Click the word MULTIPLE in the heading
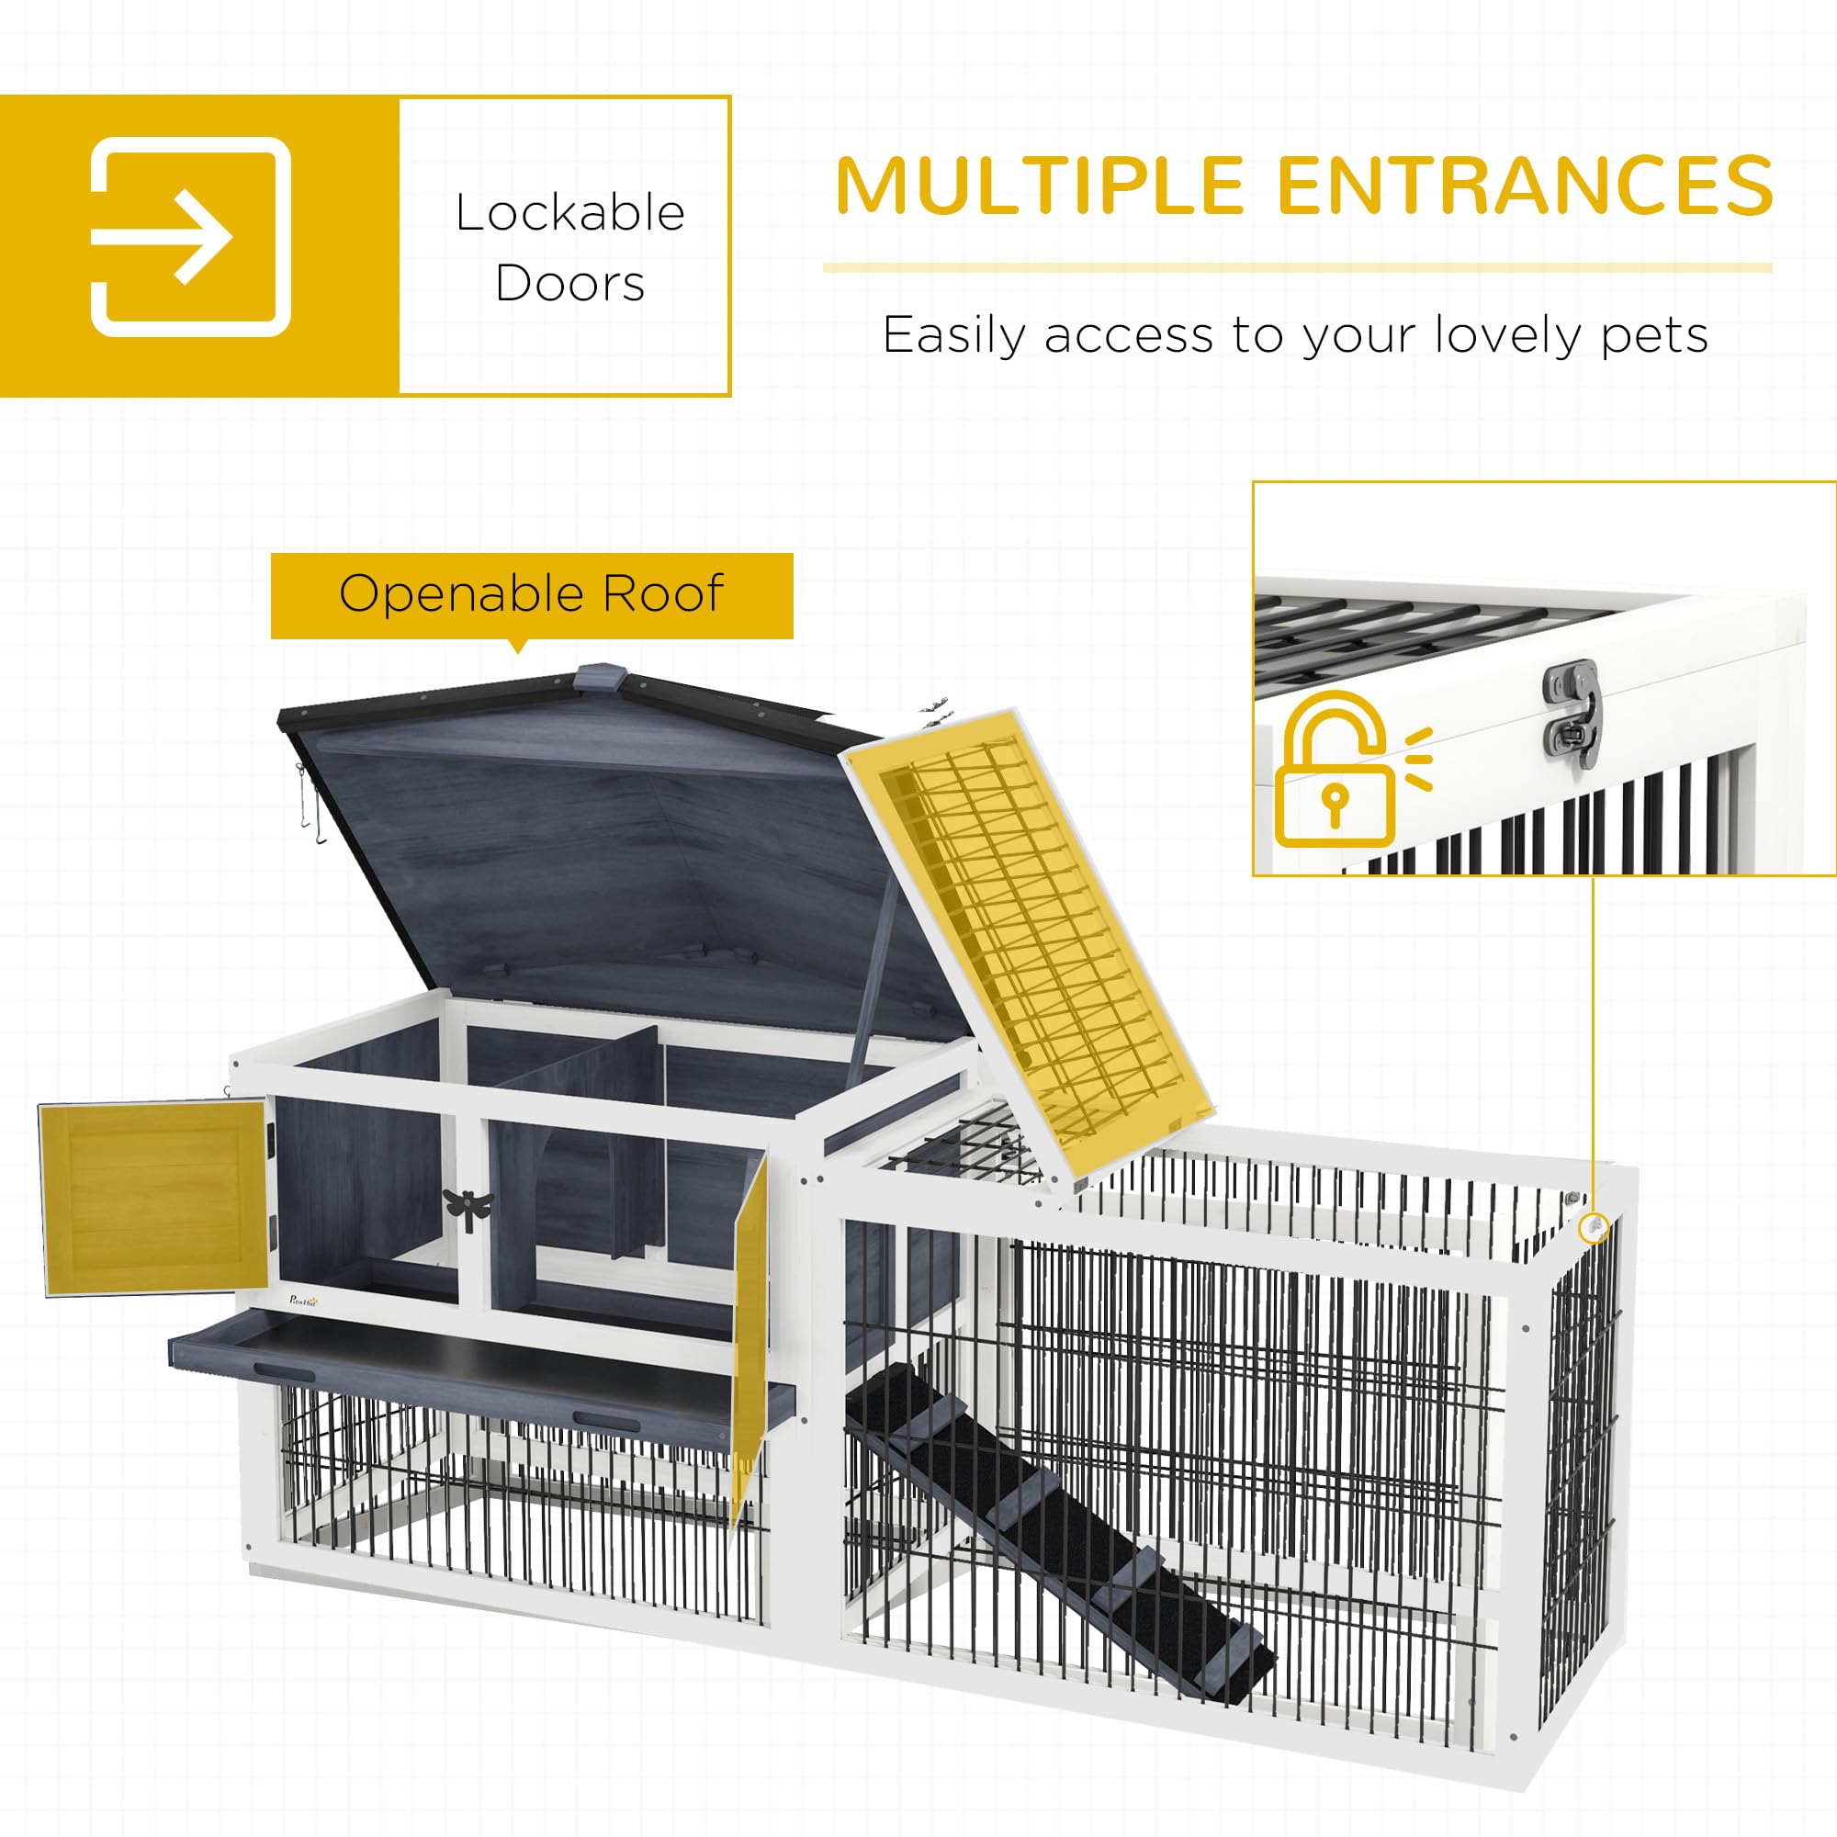point(1041,185)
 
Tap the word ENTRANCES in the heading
point(1525,185)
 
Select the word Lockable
point(569,213)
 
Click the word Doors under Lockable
point(569,283)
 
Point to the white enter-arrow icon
point(190,238)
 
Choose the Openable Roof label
point(532,594)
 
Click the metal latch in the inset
point(1573,713)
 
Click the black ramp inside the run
point(1055,1512)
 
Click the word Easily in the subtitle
point(954,334)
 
